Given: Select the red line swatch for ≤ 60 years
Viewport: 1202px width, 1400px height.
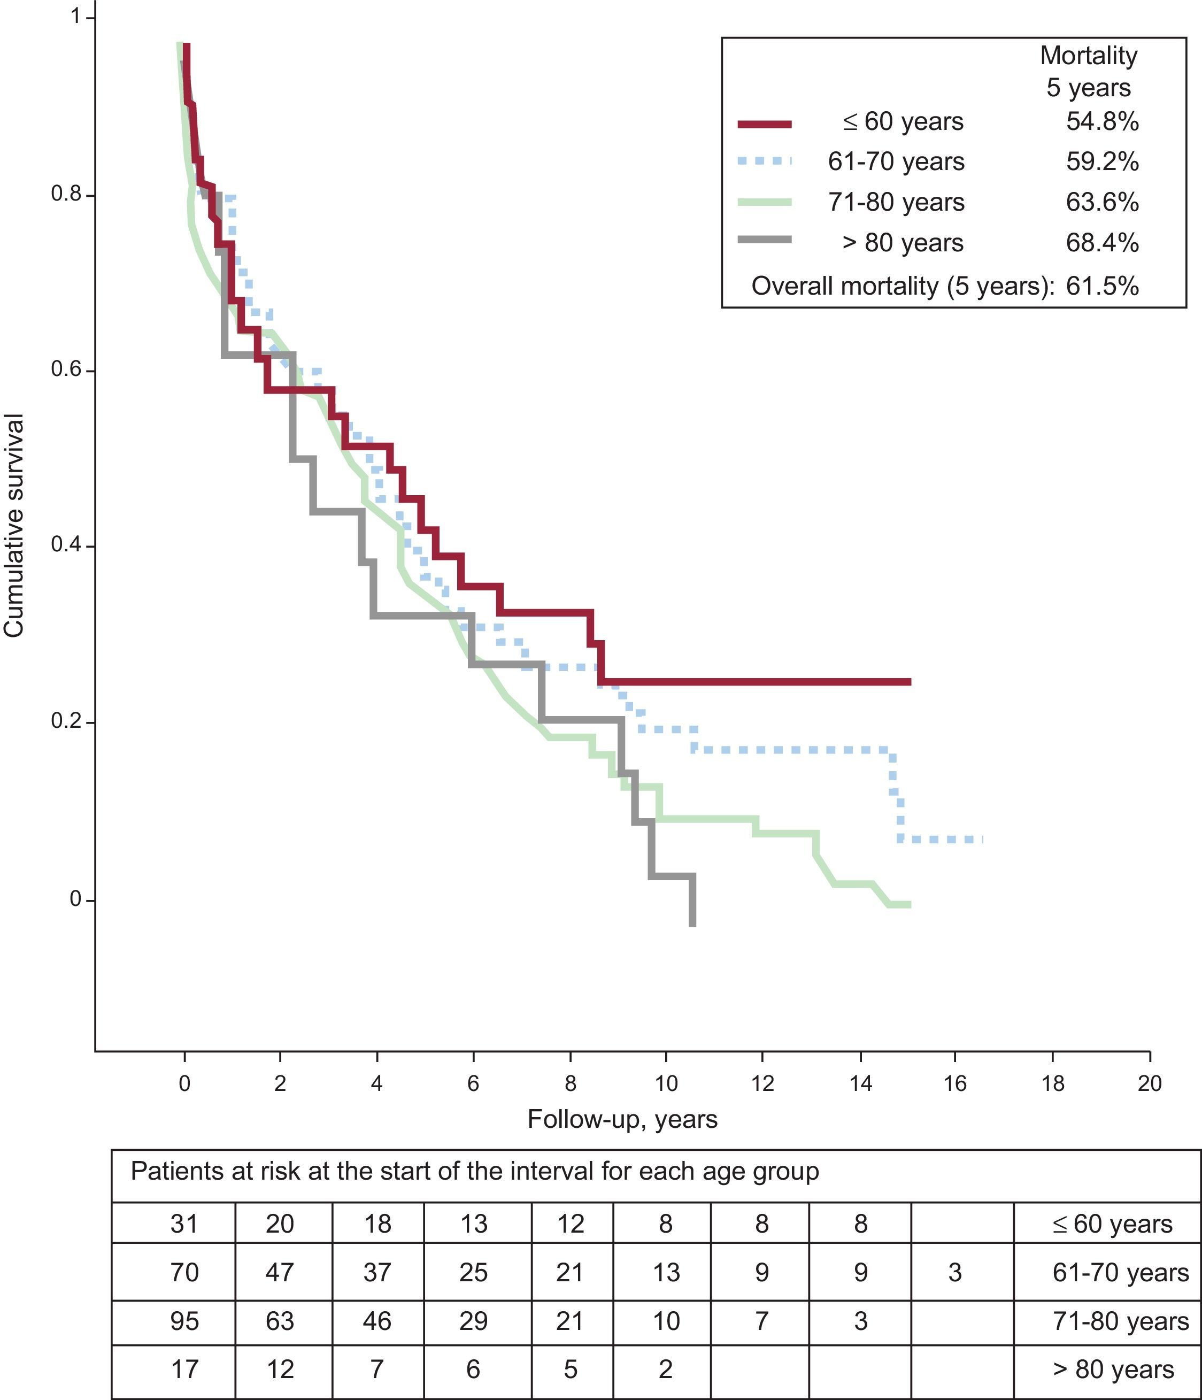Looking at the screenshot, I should pos(764,123).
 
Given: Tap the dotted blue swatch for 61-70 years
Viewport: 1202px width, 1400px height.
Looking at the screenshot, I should pos(764,161).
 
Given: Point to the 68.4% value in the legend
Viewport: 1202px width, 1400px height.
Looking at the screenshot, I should pos(1102,243).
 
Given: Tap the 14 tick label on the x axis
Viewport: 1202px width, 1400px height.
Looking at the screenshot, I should pos(860,1084).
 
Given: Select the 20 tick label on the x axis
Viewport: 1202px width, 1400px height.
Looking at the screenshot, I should pos(1149,1084).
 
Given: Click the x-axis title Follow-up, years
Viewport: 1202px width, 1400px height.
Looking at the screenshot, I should pos(622,1120).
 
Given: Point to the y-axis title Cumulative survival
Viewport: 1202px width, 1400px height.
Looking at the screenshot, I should pos(15,525).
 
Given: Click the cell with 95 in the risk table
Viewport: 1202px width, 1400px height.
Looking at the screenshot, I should pos(184,1321).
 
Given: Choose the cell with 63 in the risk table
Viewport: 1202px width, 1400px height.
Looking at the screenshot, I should pos(280,1321).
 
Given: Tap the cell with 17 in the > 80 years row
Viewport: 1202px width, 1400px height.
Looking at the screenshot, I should pos(184,1370).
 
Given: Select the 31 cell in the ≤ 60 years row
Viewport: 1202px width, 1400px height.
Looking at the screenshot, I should pos(184,1224).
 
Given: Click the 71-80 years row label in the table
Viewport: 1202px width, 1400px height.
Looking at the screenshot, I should pos(1120,1321).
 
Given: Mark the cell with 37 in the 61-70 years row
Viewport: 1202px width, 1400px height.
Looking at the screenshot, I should pos(377,1272).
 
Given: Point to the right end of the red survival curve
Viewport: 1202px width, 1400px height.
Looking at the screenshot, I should pos(909,682).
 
